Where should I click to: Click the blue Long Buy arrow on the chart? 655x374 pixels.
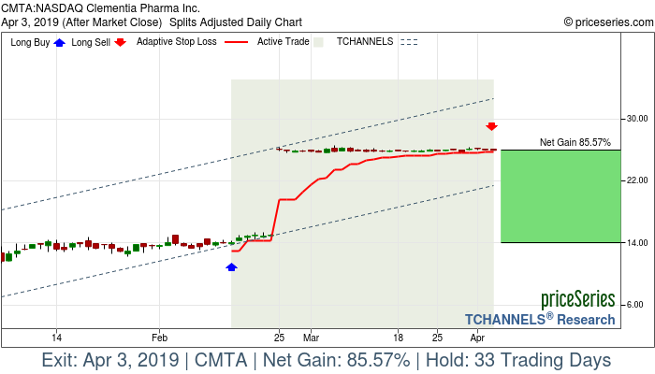(x=232, y=267)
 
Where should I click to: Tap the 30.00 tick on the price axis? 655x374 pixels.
(x=637, y=119)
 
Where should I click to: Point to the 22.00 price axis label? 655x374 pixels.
(x=637, y=180)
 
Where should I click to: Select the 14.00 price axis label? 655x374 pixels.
(x=637, y=243)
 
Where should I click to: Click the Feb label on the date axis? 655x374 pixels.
(x=159, y=337)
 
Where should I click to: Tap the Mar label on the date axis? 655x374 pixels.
(x=311, y=337)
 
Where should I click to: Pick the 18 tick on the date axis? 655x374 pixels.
(x=399, y=337)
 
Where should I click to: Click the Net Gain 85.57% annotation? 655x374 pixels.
(x=575, y=143)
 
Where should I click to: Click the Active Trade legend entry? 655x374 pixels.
(x=283, y=42)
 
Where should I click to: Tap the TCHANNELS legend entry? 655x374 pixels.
(x=366, y=42)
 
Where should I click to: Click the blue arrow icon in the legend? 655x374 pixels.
(x=60, y=42)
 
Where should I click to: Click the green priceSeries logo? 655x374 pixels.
(x=577, y=299)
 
